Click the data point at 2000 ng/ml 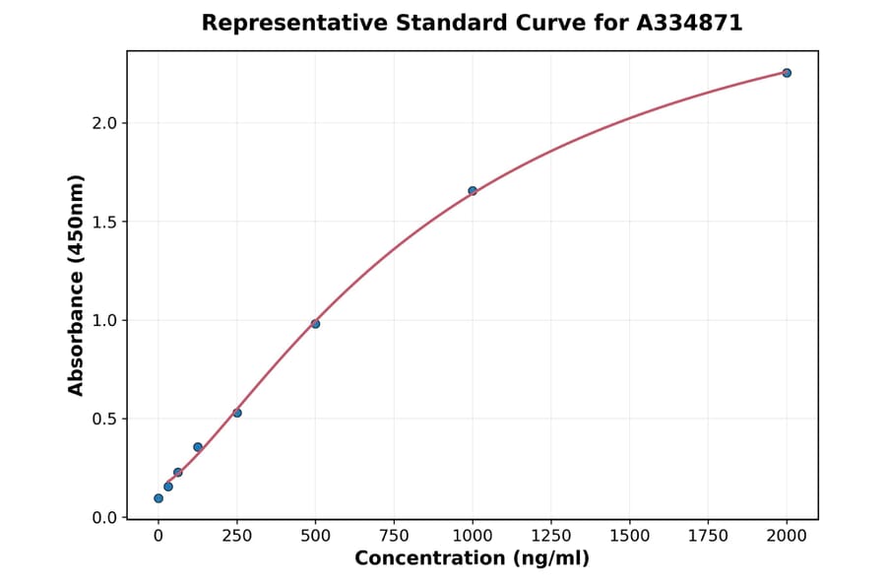click(x=787, y=73)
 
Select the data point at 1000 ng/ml click(x=473, y=191)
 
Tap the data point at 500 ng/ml click(x=315, y=324)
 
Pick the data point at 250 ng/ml click(x=237, y=413)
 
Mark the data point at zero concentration click(x=158, y=498)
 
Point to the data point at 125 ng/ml click(x=198, y=447)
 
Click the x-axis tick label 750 click(x=394, y=536)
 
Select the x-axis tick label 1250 click(x=551, y=536)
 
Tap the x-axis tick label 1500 click(x=630, y=536)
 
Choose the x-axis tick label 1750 click(x=708, y=536)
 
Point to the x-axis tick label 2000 click(x=787, y=536)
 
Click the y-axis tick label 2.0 click(x=105, y=123)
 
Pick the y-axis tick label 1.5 click(x=105, y=222)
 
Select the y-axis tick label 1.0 click(x=105, y=320)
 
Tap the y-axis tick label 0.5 click(x=105, y=419)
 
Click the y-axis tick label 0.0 click(x=105, y=518)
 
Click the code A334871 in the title click(x=688, y=23)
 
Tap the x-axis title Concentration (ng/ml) click(x=472, y=559)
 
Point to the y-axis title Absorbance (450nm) click(x=77, y=285)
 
